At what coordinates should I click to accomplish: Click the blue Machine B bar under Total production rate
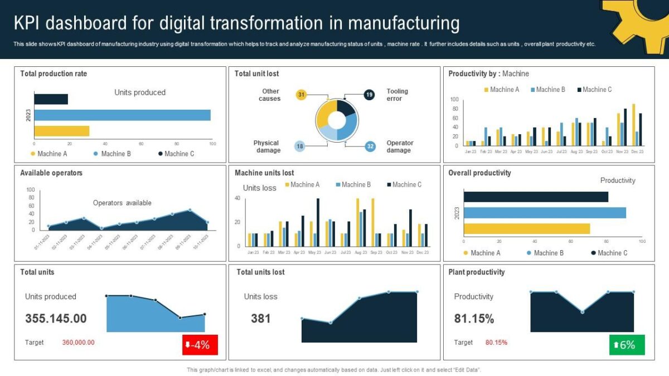(123, 115)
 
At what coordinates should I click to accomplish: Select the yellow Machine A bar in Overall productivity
(526, 228)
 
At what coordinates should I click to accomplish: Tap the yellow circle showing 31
(301, 95)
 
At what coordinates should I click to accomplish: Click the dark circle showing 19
(369, 95)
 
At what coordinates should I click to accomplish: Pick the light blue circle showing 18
(300, 147)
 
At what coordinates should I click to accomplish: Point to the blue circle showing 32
(370, 147)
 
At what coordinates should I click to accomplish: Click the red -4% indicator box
(200, 345)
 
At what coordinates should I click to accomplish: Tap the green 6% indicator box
(627, 345)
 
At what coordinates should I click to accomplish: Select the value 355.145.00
(56, 319)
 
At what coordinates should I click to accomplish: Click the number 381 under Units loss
(260, 319)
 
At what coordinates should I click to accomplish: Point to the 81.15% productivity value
(474, 319)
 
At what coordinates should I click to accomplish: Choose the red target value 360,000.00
(78, 343)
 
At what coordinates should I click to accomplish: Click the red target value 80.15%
(496, 343)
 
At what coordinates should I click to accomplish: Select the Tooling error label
(397, 95)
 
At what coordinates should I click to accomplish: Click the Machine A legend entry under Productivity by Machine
(502, 90)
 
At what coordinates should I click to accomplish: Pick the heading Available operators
(51, 173)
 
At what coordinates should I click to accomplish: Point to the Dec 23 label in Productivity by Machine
(637, 152)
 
